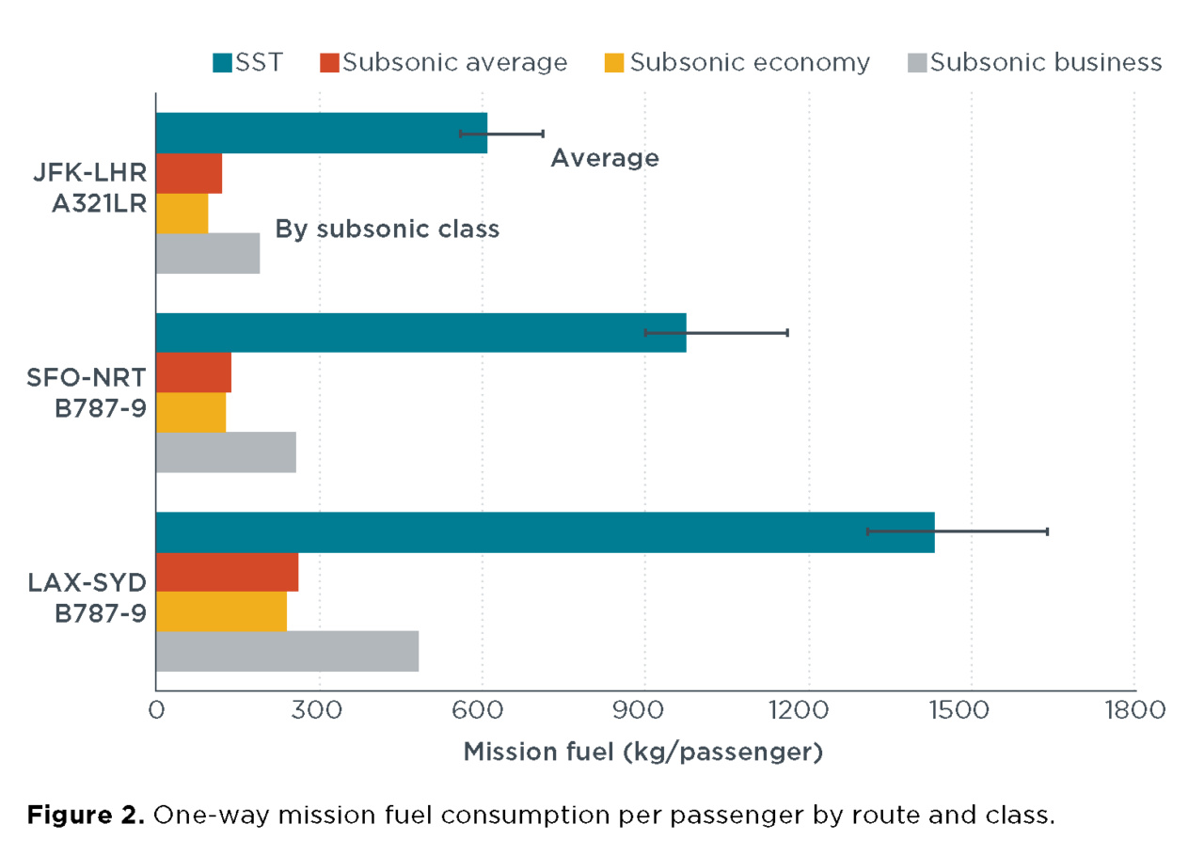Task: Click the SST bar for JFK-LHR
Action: click(x=320, y=133)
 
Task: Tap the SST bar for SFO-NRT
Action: click(x=420, y=332)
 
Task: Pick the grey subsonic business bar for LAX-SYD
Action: click(x=286, y=652)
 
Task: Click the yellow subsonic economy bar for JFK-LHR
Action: click(x=182, y=213)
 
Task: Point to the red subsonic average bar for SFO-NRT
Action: click(x=193, y=373)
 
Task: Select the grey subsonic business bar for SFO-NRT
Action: click(x=225, y=452)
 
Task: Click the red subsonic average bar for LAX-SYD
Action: click(x=226, y=572)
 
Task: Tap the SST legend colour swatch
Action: click(x=222, y=64)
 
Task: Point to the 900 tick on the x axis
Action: click(x=644, y=708)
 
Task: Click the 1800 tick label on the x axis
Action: click(x=1133, y=708)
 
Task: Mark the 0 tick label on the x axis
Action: click(x=156, y=708)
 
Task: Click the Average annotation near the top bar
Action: click(x=604, y=158)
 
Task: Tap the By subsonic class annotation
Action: click(x=387, y=229)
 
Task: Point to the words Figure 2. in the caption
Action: click(x=85, y=815)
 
